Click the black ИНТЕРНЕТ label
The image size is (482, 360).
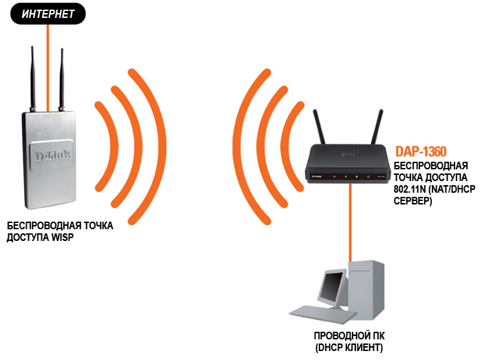click(x=45, y=13)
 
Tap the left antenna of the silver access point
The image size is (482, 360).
click(x=32, y=76)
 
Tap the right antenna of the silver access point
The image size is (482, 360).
click(x=61, y=76)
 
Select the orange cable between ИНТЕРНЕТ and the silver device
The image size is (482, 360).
click(x=47, y=62)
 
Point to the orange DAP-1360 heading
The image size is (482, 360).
click(x=421, y=151)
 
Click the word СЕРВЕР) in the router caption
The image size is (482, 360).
click(x=412, y=202)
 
